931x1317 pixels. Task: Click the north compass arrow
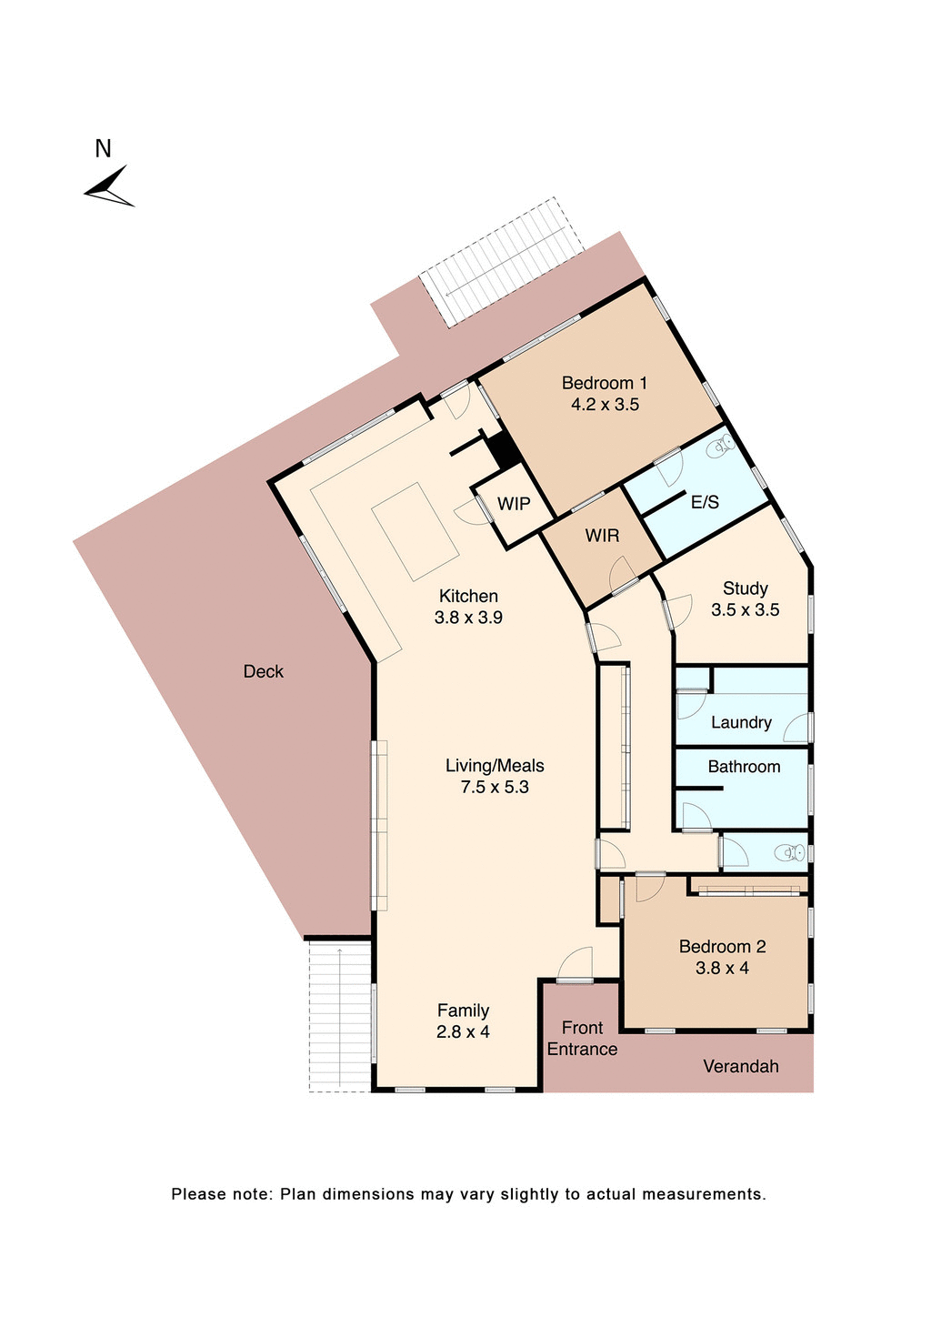pyautogui.click(x=109, y=186)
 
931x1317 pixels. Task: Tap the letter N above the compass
pyautogui.click(x=103, y=148)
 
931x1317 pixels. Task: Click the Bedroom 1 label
pyautogui.click(x=605, y=383)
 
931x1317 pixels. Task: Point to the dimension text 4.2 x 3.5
pyautogui.click(x=605, y=405)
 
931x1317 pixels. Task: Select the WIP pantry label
pyautogui.click(x=514, y=503)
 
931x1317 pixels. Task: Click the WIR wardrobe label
pyautogui.click(x=602, y=536)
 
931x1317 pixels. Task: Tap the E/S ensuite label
pyautogui.click(x=705, y=502)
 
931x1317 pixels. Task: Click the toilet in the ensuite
pyautogui.click(x=723, y=445)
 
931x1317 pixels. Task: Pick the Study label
pyautogui.click(x=745, y=588)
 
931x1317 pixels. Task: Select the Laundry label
pyautogui.click(x=741, y=722)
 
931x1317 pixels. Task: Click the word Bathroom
pyautogui.click(x=744, y=767)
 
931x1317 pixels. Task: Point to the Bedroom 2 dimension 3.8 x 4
pyautogui.click(x=722, y=969)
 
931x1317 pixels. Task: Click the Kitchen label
pyautogui.click(x=468, y=596)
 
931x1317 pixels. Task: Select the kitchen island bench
pyautogui.click(x=416, y=532)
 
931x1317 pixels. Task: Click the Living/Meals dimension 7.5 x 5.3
pyautogui.click(x=495, y=788)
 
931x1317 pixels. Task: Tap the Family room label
pyautogui.click(x=463, y=1010)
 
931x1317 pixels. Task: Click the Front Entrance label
pyautogui.click(x=582, y=1038)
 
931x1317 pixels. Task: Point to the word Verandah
pyautogui.click(x=740, y=1066)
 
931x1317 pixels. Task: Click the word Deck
pyautogui.click(x=263, y=671)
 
